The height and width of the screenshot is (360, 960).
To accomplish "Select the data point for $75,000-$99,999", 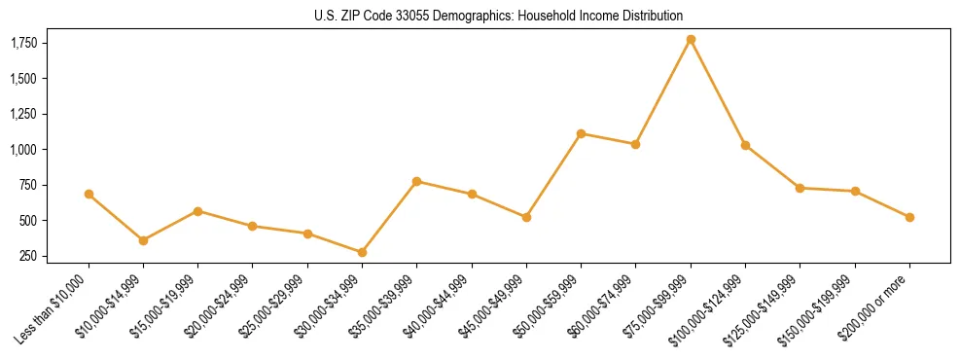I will [691, 40].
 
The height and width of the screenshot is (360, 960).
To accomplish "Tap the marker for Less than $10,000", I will [89, 195].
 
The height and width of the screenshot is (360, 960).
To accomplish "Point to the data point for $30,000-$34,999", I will [362, 252].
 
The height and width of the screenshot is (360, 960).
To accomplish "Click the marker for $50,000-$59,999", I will [581, 133].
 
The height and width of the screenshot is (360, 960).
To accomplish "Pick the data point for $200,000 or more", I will [909, 217].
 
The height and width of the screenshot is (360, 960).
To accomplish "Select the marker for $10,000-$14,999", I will [143, 240].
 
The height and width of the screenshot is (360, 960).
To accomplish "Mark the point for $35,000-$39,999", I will [416, 181].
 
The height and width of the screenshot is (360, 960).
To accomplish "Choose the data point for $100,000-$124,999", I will [745, 145].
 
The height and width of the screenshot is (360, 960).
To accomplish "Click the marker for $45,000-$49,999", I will [526, 217].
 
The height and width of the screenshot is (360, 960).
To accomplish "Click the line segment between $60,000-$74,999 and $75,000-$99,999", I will [663, 91].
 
